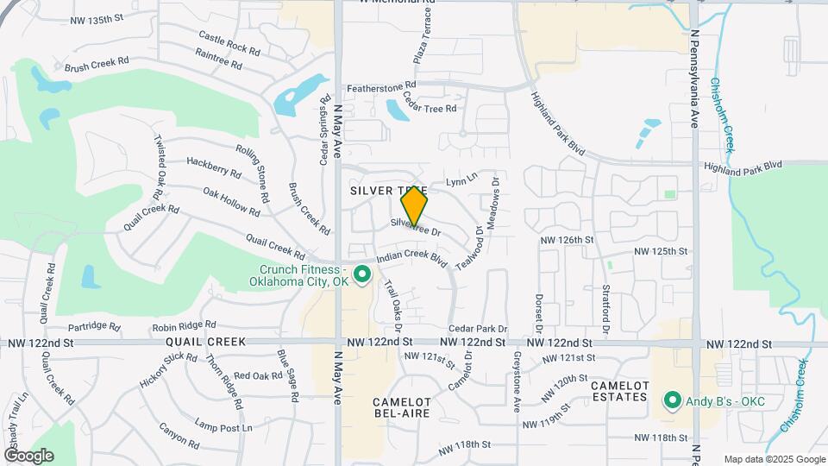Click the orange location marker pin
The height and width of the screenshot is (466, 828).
point(415,205)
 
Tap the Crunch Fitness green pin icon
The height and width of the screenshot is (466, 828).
point(363,275)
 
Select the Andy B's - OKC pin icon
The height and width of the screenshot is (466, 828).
point(672,400)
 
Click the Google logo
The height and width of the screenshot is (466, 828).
point(28,456)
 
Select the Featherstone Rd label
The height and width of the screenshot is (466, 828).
point(381,87)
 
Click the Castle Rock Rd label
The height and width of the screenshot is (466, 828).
point(229,42)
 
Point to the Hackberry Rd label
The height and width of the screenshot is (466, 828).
point(213,167)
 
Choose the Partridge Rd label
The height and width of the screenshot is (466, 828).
point(92,326)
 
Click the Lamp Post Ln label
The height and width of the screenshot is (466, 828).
point(223,424)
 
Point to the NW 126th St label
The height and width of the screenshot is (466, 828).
point(567,239)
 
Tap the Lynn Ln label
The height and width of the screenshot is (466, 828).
point(461,179)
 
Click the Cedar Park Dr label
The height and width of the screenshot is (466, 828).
point(477,329)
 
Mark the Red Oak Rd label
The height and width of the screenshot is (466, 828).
point(258,375)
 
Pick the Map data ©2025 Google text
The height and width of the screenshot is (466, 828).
point(774,459)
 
